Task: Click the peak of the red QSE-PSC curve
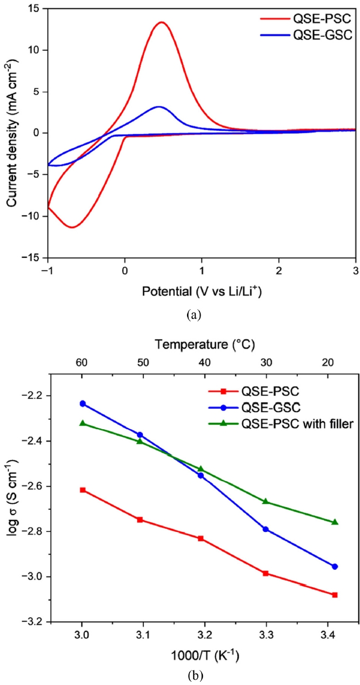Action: (161, 22)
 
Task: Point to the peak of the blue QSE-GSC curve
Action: (158, 107)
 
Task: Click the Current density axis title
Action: (11, 133)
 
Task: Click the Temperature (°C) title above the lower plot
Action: (204, 343)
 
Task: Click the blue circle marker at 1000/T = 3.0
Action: (83, 403)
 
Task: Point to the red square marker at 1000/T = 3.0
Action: (83, 490)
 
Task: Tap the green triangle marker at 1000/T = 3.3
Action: (265, 501)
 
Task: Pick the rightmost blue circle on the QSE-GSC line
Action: (335, 566)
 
